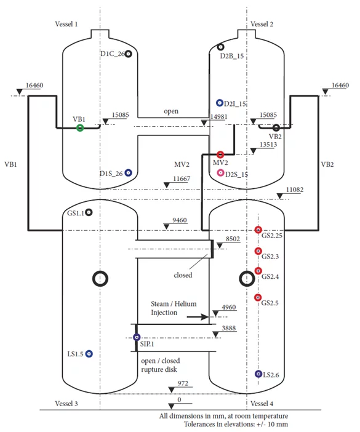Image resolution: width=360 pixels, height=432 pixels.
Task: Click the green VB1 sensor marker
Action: [x=80, y=128]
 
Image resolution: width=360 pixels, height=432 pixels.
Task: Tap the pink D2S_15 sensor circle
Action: [x=220, y=173]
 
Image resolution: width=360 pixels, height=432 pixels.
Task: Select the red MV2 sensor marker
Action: [x=220, y=154]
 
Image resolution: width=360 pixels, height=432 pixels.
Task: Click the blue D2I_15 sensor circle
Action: [x=219, y=103]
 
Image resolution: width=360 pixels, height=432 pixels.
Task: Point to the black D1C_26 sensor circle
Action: [x=128, y=54]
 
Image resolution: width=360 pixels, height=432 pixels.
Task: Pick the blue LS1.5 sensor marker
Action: [x=89, y=354]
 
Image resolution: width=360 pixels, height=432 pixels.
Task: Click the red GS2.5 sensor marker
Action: [x=258, y=298]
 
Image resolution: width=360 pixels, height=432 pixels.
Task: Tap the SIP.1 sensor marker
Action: [x=137, y=337]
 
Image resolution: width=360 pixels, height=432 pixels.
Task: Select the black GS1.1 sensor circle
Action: [x=89, y=212]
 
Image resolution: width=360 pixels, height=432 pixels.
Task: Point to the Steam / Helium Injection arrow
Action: [x=198, y=317]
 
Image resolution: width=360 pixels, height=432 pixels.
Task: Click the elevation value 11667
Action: [x=182, y=179]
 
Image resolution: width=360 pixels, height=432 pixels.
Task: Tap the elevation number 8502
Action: [x=233, y=239]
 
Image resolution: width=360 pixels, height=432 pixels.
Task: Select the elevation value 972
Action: [x=183, y=383]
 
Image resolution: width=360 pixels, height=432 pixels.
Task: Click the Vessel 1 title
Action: [x=66, y=24]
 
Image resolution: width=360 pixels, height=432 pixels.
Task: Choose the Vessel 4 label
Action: [x=262, y=404]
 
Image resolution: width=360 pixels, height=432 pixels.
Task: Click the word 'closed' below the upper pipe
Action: [x=183, y=275]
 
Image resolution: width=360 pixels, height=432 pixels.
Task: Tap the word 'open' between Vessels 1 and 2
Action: [x=171, y=111]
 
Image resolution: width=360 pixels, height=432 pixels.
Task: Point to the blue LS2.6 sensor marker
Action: [x=258, y=374]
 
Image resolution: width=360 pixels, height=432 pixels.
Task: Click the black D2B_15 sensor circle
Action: [x=220, y=47]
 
